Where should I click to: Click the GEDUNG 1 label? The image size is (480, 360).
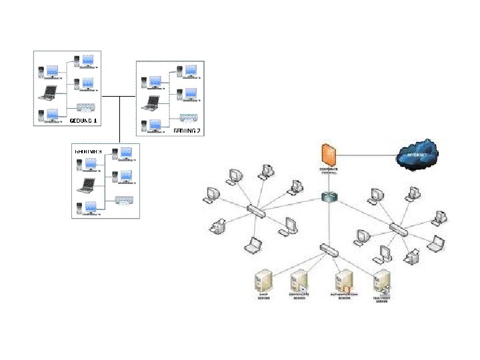83,121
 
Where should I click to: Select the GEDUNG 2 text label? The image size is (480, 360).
187,131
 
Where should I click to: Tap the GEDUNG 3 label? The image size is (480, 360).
88,151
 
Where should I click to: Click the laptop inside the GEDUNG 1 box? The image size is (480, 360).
49,93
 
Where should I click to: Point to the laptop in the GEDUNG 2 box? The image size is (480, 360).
152,103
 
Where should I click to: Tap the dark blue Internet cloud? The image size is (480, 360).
416,155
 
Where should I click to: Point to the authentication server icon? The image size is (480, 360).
343,280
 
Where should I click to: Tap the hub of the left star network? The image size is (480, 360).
256,211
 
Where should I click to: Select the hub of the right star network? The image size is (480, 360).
400,229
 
